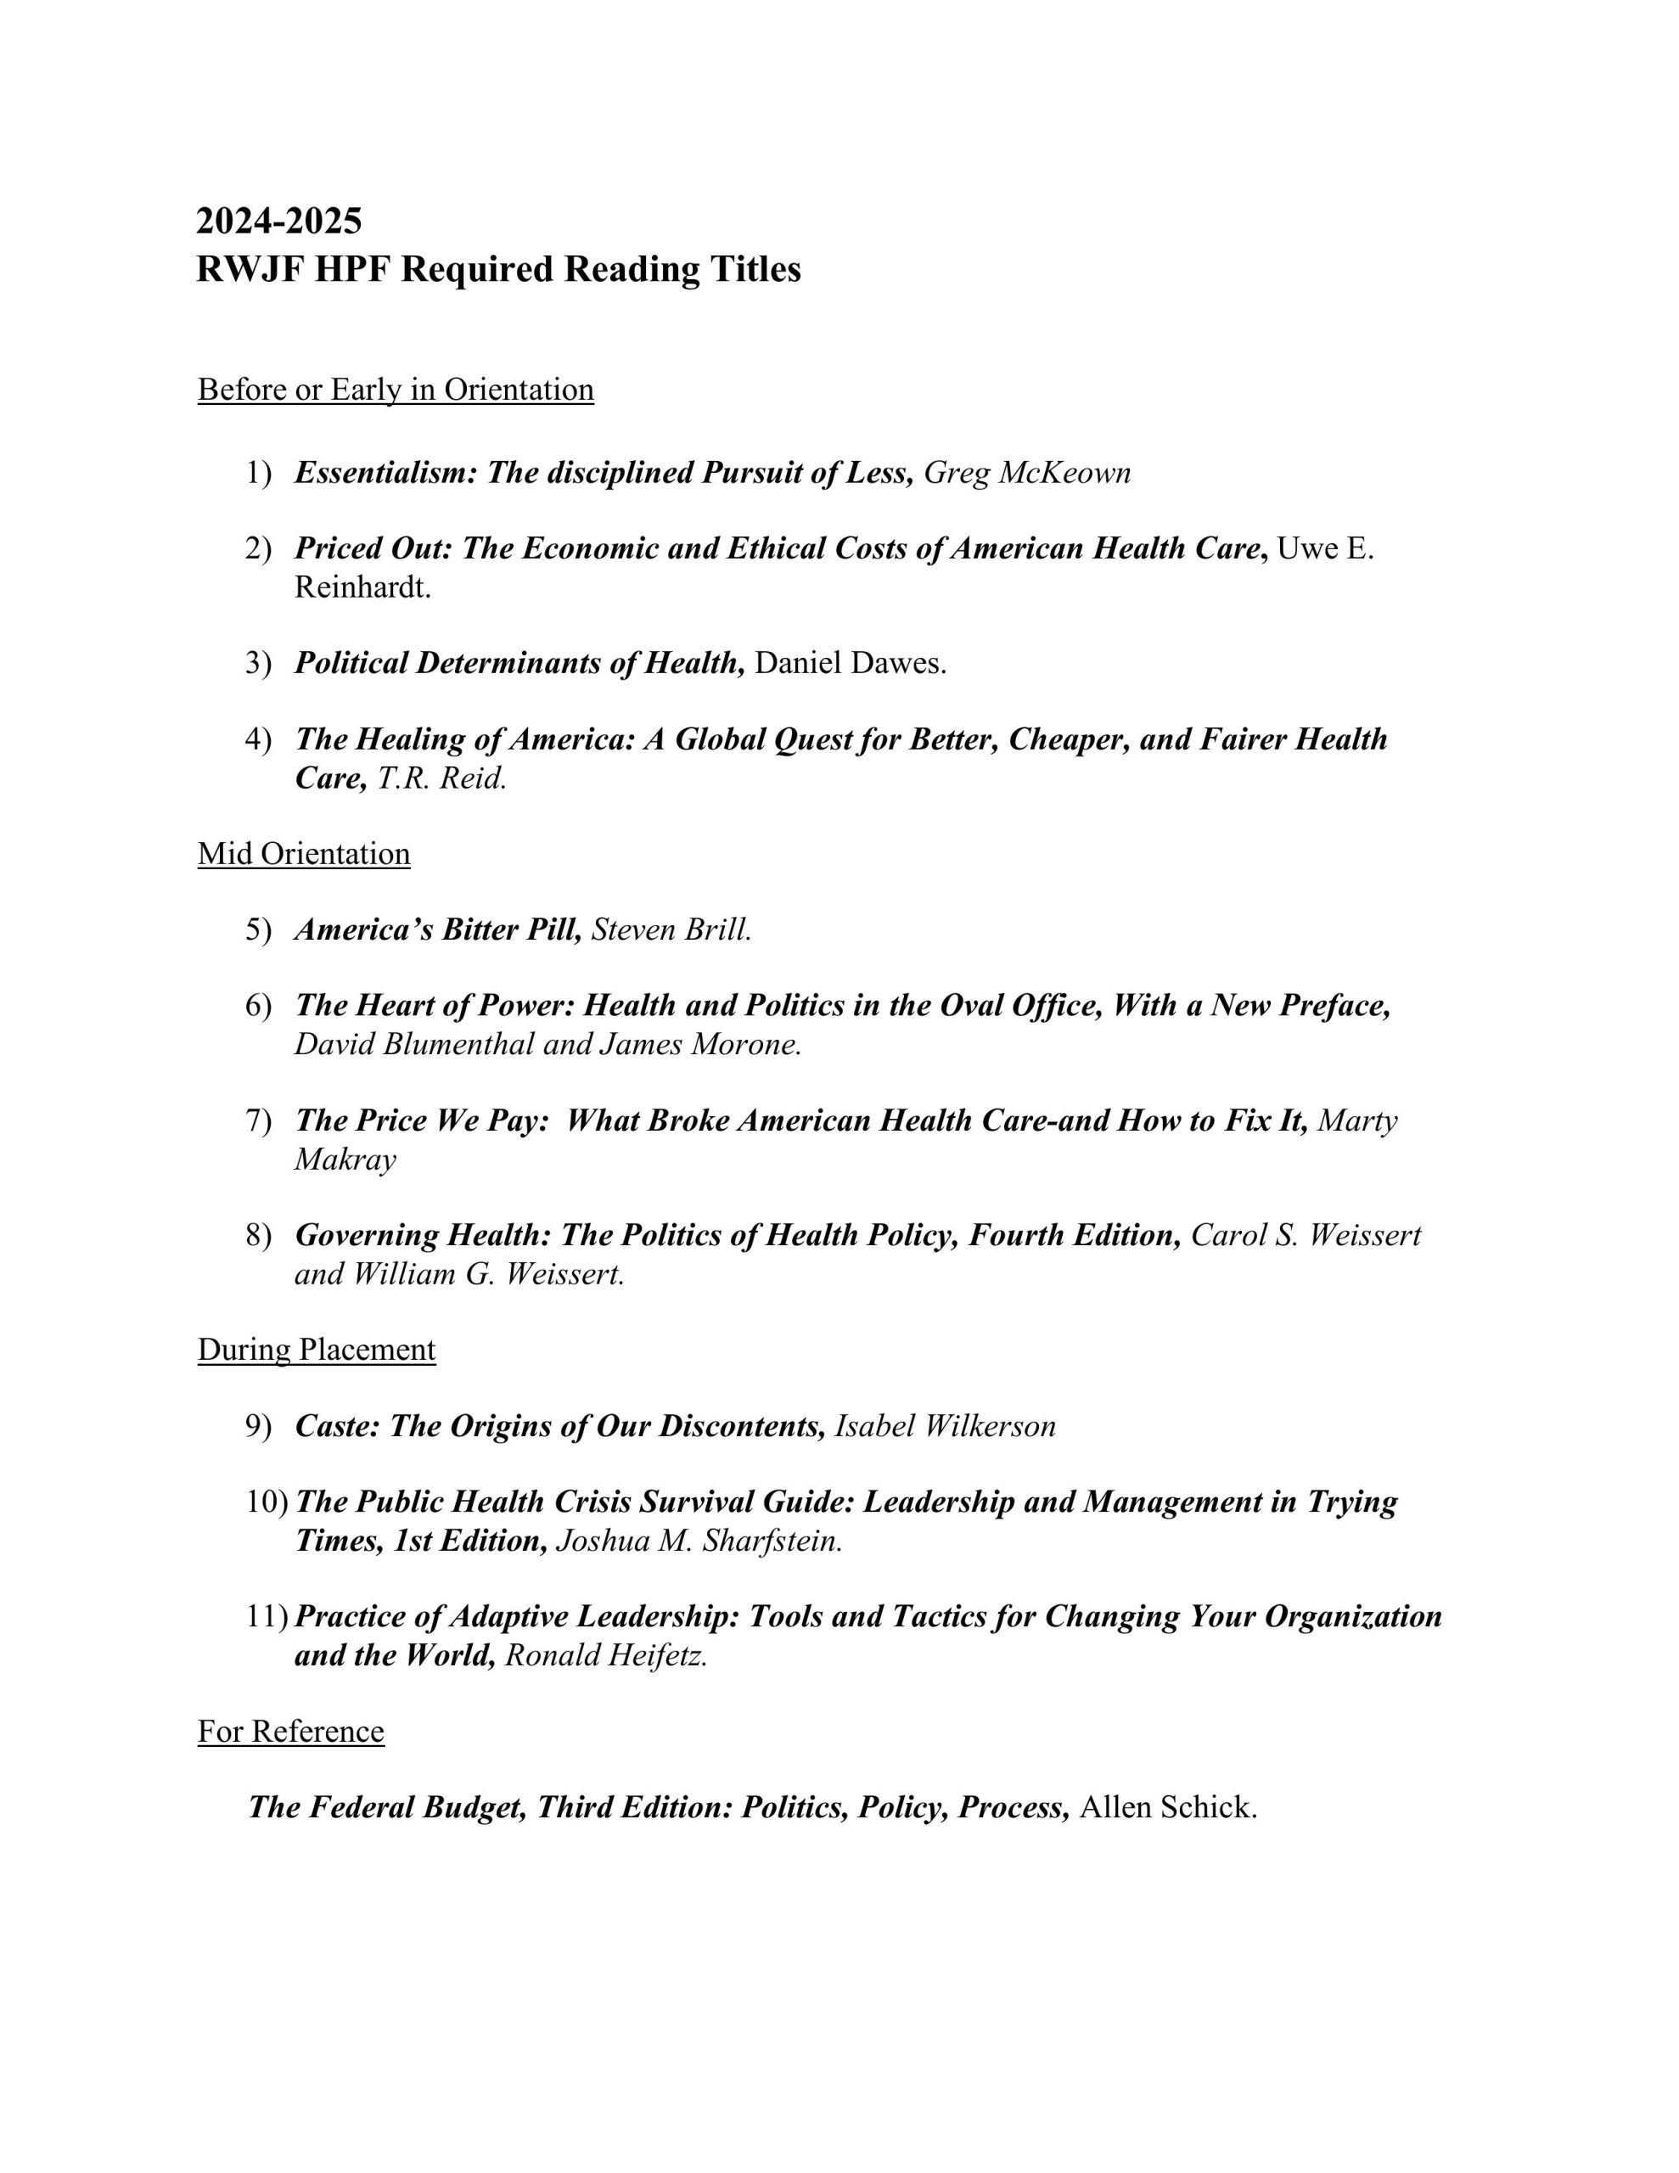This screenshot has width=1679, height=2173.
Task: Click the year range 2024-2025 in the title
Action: (278, 221)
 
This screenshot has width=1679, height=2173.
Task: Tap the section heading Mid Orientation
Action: (304, 854)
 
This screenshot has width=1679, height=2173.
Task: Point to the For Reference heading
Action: (290, 1732)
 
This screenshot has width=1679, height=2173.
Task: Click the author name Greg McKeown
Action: (1027, 473)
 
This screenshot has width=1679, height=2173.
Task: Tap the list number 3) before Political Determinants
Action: (259, 663)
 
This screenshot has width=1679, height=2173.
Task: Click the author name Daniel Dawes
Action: (850, 663)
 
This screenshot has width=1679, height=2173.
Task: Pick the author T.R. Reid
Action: (442, 778)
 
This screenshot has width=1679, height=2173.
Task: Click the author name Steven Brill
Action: (671, 929)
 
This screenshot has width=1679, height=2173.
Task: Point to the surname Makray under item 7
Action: (345, 1159)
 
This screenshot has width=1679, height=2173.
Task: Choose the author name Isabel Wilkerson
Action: (945, 1426)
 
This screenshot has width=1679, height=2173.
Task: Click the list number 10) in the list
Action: (267, 1502)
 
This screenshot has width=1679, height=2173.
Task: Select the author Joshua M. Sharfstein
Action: (699, 1541)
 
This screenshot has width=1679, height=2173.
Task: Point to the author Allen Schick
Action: (1169, 1807)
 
